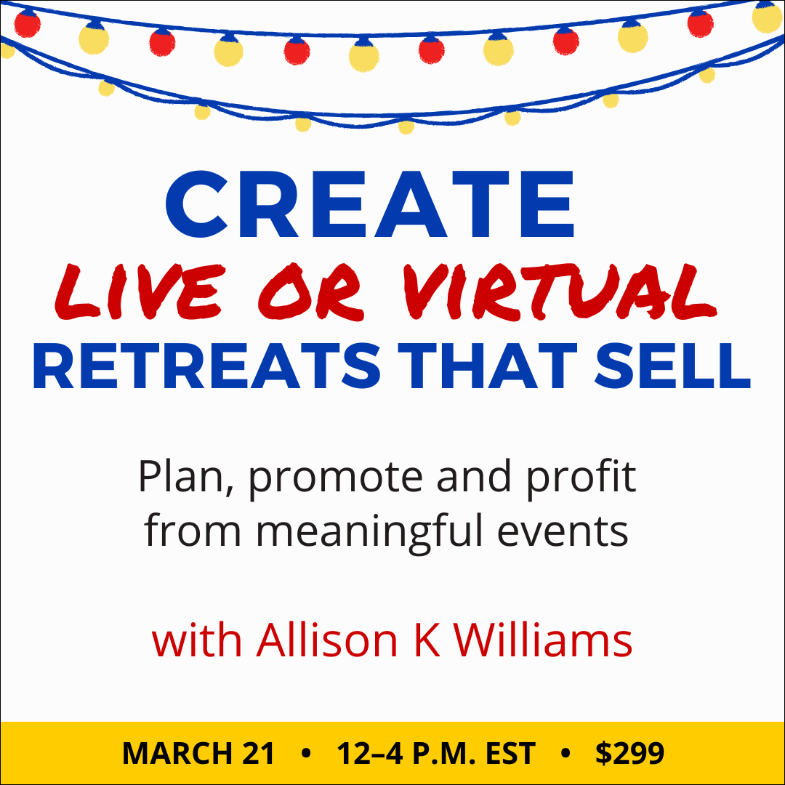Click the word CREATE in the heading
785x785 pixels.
[371, 206]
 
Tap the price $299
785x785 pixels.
[629, 754]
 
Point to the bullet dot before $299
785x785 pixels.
[565, 754]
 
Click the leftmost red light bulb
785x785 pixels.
[27, 24]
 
